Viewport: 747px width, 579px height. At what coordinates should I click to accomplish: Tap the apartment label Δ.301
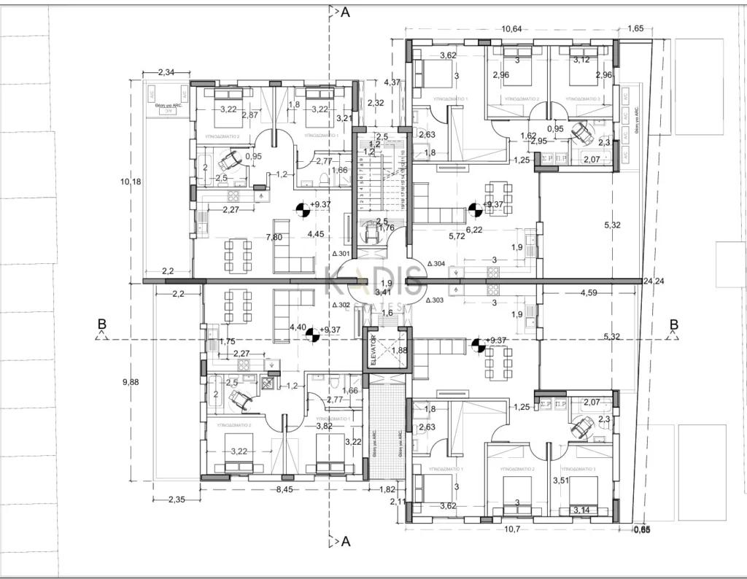point(341,254)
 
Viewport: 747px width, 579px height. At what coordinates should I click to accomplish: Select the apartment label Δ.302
point(341,305)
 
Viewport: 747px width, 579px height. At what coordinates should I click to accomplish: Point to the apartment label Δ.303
point(435,300)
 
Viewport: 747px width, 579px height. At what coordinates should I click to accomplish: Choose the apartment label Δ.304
point(436,263)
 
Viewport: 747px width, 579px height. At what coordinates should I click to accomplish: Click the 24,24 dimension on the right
point(653,281)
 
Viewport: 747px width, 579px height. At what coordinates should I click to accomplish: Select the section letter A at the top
point(345,12)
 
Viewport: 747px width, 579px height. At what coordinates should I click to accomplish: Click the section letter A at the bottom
point(345,542)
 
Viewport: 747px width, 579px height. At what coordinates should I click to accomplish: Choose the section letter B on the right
point(674,325)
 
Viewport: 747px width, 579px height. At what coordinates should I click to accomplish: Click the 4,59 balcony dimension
point(590,293)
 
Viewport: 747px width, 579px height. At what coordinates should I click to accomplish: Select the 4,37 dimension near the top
point(392,82)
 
